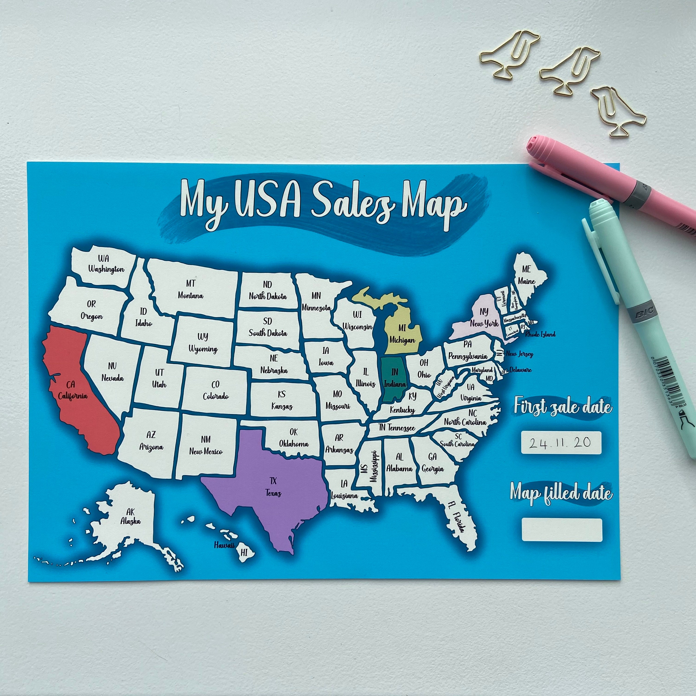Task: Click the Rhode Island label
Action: click(x=540, y=334)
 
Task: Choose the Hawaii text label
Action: click(x=224, y=545)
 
